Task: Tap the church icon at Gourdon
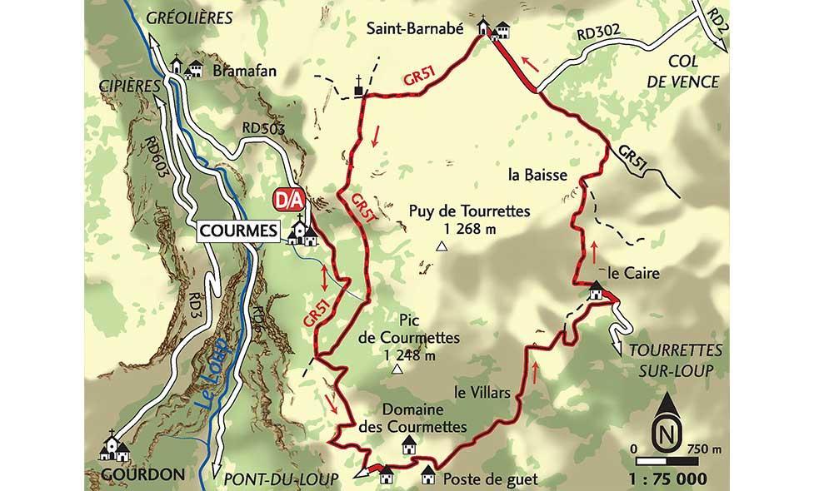coord(114,447)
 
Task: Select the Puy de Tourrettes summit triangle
coord(443,246)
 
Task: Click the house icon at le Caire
coord(596,290)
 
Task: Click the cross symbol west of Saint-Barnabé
coord(359,85)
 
